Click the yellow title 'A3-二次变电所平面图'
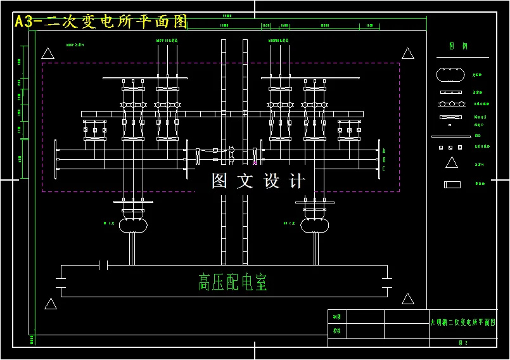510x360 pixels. (x=101, y=22)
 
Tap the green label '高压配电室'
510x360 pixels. (x=233, y=282)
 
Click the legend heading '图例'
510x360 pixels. (x=458, y=46)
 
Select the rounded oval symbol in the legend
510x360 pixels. (x=450, y=75)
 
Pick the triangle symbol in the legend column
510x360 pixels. (x=451, y=163)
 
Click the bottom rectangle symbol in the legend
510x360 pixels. (x=452, y=184)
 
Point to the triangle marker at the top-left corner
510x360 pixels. (x=48, y=53)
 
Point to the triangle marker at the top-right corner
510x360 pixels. (x=408, y=53)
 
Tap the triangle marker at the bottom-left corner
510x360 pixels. (x=51, y=304)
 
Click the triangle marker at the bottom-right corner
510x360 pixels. (x=408, y=299)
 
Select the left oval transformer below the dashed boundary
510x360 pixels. (x=134, y=225)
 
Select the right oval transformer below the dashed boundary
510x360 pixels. (x=314, y=225)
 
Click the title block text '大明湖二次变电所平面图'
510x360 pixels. (x=461, y=323)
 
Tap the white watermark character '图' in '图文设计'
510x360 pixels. (x=219, y=181)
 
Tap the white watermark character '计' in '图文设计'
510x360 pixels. (x=296, y=181)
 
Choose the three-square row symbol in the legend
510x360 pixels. (x=450, y=147)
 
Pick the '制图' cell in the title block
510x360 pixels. (x=336, y=316)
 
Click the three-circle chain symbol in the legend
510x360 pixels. (x=450, y=103)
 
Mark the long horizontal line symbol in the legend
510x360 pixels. (x=450, y=136)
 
